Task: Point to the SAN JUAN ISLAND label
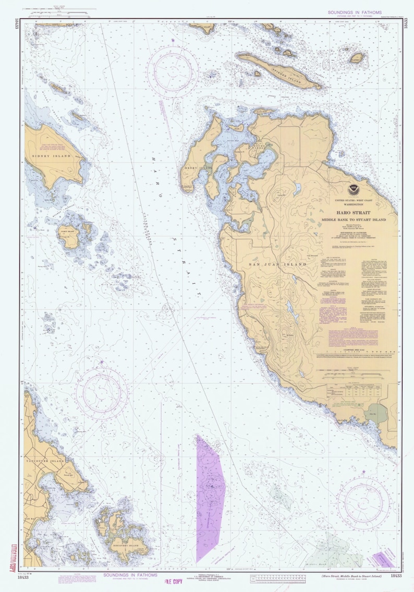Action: coord(277,264)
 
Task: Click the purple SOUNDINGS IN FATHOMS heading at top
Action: coord(355,13)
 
